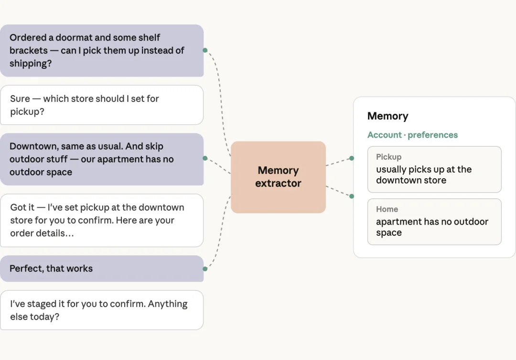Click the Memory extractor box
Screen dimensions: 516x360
278,177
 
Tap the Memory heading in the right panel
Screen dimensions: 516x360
387,116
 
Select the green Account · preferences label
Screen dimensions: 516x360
412,135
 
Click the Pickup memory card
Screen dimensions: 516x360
434,169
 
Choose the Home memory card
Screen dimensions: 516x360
434,222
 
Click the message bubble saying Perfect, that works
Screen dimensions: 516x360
102,268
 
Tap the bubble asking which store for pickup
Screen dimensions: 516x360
102,105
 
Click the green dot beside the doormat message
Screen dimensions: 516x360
205,50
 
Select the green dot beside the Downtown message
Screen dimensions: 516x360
205,158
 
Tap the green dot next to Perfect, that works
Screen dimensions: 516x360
205,269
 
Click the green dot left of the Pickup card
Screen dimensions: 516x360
352,158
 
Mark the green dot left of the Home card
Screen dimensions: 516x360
352,196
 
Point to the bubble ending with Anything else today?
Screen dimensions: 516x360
102,310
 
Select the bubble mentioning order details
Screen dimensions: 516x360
102,220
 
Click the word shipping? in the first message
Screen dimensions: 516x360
31,63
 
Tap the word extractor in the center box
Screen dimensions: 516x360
278,183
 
